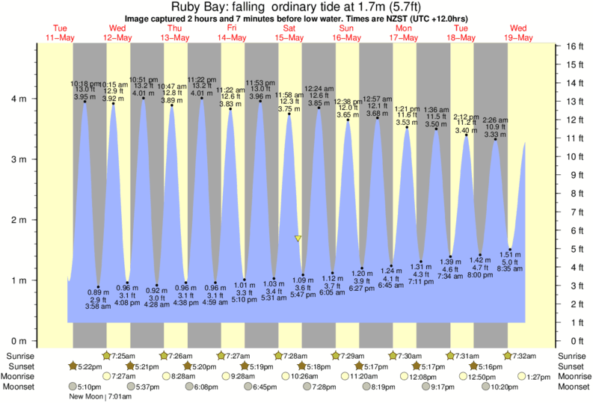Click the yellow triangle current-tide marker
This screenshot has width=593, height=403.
pos(298,239)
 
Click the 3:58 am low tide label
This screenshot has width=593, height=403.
pos(93,307)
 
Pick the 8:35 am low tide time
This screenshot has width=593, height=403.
pos(510,268)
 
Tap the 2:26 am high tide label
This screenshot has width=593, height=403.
pos(495,120)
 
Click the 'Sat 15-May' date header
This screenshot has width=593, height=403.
pos(289,33)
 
